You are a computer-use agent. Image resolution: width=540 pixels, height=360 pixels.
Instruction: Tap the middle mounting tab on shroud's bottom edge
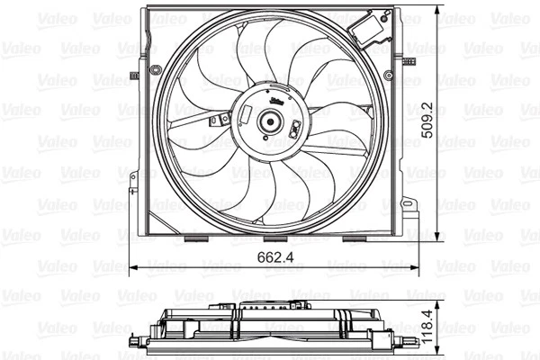pos(275,239)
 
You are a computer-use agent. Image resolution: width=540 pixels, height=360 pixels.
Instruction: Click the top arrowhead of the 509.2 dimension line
pos(439,11)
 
